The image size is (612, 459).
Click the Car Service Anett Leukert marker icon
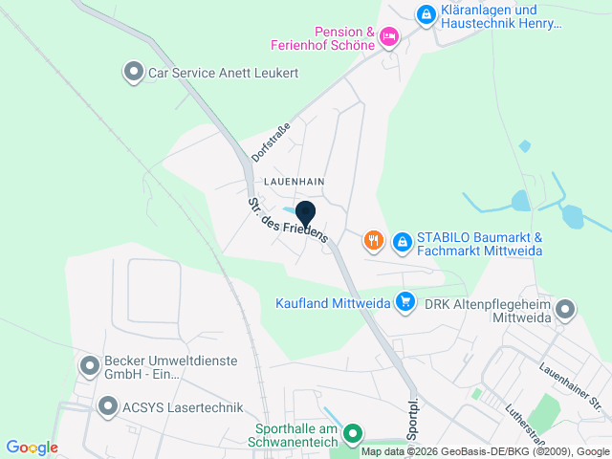click(x=133, y=72)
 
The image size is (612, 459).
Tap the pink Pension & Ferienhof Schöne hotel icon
click(x=388, y=37)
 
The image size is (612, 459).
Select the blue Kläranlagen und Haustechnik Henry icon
click(x=426, y=14)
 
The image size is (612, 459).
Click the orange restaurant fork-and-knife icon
click(x=374, y=241)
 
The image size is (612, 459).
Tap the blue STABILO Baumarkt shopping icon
click(x=403, y=241)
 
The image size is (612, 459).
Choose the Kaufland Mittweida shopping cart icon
click(x=405, y=302)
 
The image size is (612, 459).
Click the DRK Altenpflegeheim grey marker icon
click(x=565, y=309)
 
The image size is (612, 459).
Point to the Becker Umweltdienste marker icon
click(x=90, y=365)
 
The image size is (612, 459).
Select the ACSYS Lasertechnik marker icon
click(x=107, y=406)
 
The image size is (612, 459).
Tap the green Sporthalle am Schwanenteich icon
click(x=352, y=433)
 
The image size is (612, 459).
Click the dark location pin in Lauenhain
click(x=306, y=213)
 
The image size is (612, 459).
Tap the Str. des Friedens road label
click(x=287, y=220)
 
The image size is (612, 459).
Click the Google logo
click(x=32, y=448)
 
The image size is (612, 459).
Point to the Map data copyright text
click(x=485, y=451)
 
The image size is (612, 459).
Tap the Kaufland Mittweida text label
click(x=331, y=303)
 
